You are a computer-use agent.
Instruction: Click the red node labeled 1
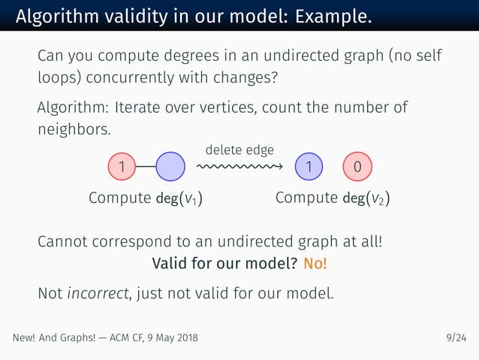pos(122,167)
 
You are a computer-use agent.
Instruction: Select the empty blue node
pos(170,167)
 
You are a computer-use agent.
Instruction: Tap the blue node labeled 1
pos(309,167)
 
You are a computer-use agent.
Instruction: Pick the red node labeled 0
pos(357,167)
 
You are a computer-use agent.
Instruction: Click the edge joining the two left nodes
pos(146,167)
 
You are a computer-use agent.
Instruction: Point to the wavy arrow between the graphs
pos(239,167)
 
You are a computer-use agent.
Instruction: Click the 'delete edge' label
pos(239,150)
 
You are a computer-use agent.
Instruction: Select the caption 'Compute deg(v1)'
pos(147,198)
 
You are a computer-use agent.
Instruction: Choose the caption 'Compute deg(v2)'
pos(333,198)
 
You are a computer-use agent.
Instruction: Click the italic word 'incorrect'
pos(96,292)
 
